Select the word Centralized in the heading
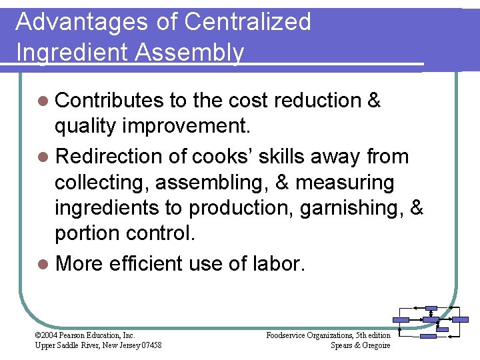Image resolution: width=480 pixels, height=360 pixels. [x=247, y=22]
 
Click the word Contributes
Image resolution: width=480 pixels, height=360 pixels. [x=109, y=101]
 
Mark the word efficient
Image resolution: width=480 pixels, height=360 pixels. [x=141, y=263]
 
